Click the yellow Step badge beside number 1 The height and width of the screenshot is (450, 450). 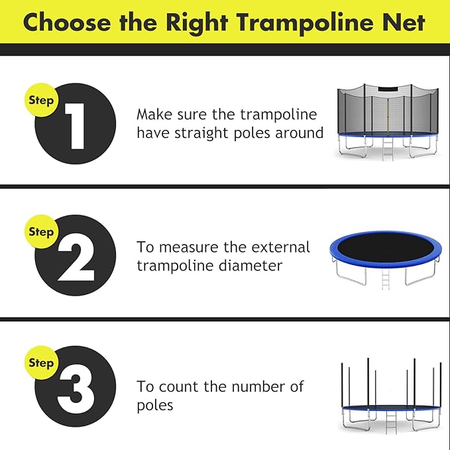tap(41, 101)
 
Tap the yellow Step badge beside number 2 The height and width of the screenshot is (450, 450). tap(41, 232)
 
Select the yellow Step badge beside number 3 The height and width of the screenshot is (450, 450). tap(41, 363)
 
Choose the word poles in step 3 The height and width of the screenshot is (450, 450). tap(156, 405)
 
